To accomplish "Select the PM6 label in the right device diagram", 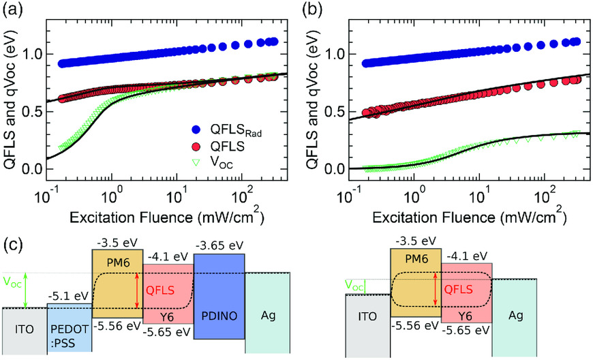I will pos(414,262).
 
